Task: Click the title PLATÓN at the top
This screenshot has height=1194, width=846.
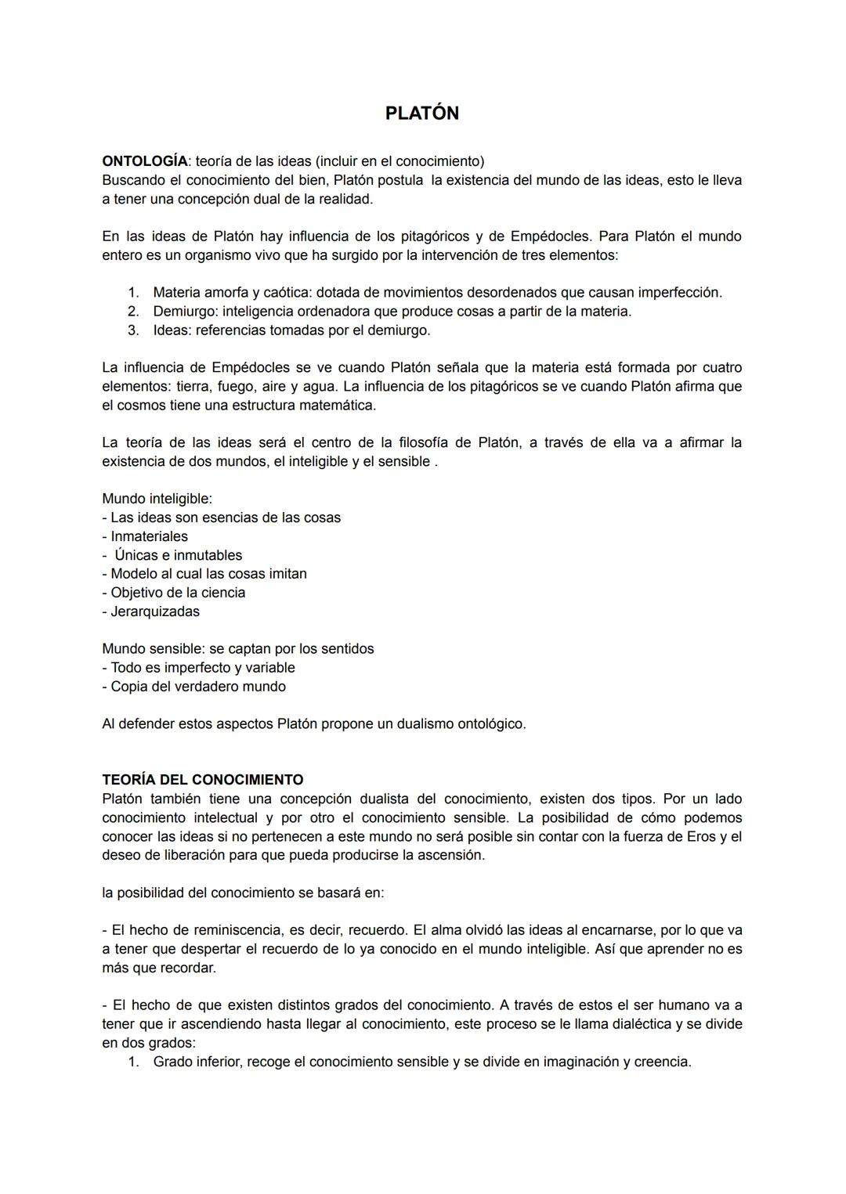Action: (421, 114)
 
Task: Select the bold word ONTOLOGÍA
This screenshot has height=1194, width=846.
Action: (145, 161)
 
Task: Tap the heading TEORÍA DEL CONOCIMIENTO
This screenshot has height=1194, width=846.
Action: (202, 780)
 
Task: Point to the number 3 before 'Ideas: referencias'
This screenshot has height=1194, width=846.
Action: (132, 330)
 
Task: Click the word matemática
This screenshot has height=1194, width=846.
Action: (340, 406)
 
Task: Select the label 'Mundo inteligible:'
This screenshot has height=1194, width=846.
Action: (157, 499)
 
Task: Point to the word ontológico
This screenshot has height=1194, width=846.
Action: (485, 724)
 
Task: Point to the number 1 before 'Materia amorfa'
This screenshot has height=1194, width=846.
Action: (132, 293)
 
